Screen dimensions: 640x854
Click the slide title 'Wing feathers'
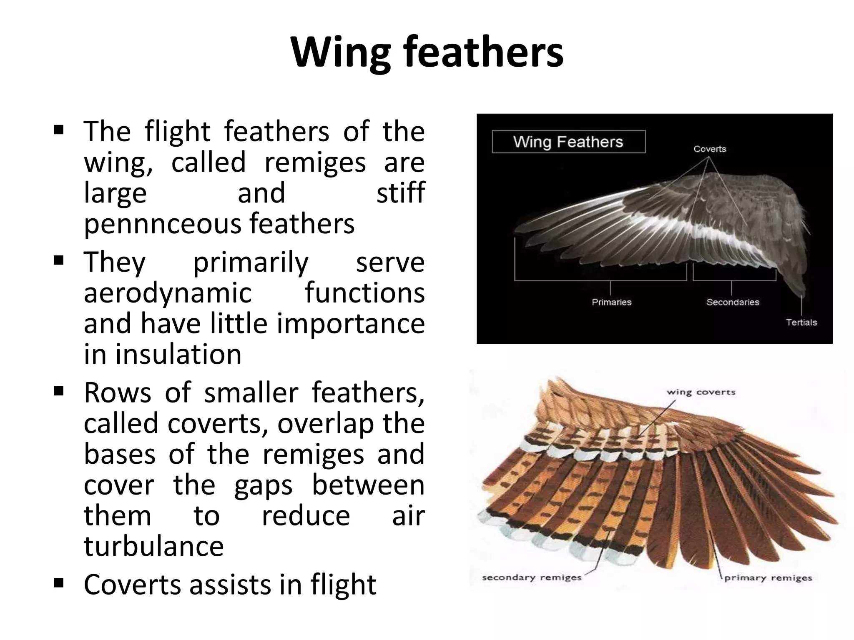tap(427, 53)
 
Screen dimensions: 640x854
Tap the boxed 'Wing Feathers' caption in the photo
tap(568, 142)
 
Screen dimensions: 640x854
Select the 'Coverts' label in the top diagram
tap(710, 149)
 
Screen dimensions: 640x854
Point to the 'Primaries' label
tap(611, 302)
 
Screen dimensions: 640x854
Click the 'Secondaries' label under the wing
tap(733, 302)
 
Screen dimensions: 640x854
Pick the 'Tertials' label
tap(801, 322)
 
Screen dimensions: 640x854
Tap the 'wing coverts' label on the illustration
tap(701, 392)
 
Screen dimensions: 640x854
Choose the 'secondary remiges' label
tap(531, 578)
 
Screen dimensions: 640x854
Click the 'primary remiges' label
tap(768, 578)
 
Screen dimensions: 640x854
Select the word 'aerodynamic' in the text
tap(168, 293)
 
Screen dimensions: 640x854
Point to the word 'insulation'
tap(178, 355)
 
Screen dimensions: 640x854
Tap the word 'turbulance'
tap(153, 546)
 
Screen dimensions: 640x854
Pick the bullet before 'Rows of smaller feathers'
tap(58, 391)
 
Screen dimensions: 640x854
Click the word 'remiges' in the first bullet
tap(315, 163)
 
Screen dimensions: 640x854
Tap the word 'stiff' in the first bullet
tap(400, 193)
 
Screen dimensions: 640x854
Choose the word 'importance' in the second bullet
tap(351, 324)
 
